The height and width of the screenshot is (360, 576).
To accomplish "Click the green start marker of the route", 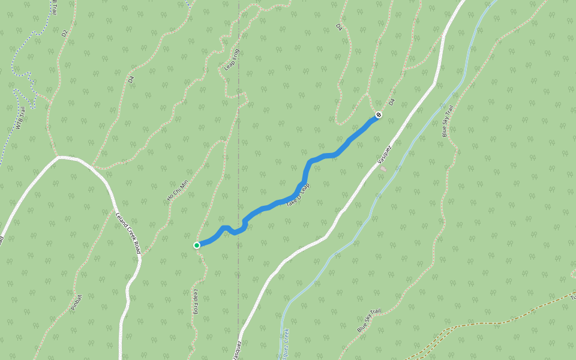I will point(197,245).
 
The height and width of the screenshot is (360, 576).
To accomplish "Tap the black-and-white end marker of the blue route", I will point(378,115).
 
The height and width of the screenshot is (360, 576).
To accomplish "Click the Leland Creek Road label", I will point(128,232).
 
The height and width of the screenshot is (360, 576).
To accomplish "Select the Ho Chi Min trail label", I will point(177,190).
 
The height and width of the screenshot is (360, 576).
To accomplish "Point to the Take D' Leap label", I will point(298,196).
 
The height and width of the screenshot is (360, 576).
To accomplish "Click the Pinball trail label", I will point(76,302).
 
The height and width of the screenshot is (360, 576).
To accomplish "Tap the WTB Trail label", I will point(21,118).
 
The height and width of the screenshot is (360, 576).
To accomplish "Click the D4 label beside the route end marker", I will point(392,102).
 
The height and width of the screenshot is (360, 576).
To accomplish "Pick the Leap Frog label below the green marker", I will point(196,301).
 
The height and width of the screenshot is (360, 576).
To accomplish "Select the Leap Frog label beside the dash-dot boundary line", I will point(232,60).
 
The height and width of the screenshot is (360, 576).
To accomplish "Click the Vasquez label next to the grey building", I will point(385,154).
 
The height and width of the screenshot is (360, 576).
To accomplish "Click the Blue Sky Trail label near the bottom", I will point(369,321).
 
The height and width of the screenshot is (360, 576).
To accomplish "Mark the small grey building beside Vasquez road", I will point(383,169).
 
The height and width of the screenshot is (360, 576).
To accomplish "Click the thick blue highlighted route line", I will point(324,157).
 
